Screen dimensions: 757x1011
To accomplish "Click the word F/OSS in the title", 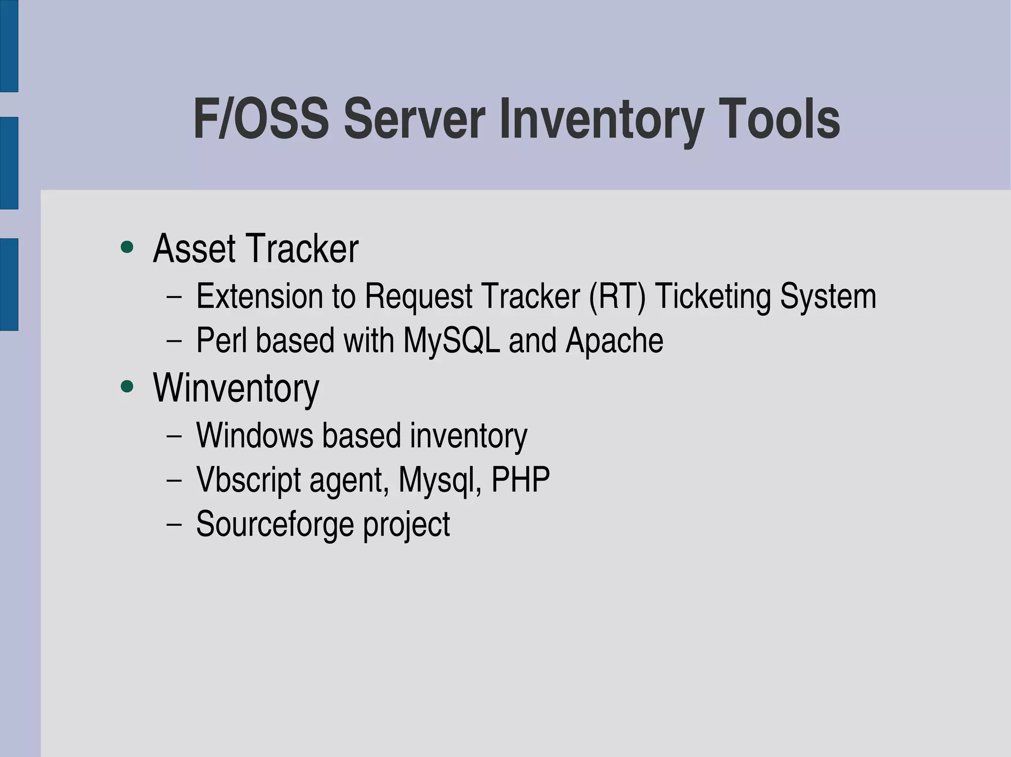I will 261,119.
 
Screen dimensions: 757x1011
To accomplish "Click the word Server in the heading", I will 414,119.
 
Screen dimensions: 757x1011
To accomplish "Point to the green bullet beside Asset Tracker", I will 127,247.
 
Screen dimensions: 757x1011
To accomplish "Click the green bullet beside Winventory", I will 127,387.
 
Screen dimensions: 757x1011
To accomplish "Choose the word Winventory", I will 236,389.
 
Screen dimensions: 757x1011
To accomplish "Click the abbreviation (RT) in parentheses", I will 617,297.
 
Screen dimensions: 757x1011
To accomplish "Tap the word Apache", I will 614,341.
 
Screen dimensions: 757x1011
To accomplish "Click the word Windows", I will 255,435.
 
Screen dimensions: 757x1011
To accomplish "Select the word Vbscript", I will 248,480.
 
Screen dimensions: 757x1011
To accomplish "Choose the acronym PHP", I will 520,480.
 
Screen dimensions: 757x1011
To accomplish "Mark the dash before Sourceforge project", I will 174,524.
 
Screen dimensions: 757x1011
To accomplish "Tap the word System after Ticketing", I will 828,297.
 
